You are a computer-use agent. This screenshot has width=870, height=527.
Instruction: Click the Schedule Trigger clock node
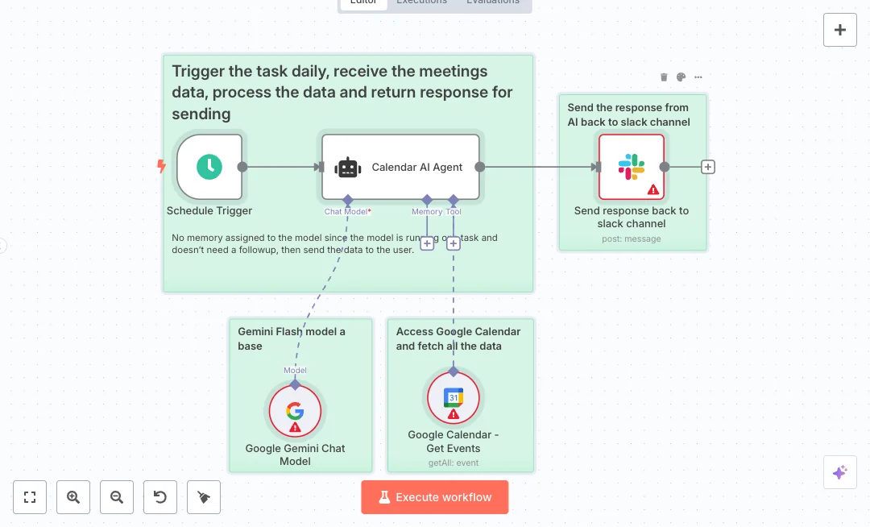coord(209,167)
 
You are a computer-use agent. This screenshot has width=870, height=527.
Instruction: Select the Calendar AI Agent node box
coord(400,167)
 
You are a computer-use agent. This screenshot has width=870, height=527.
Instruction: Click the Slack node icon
coord(632,167)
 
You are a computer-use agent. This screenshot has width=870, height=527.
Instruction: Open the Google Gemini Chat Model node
coord(294,411)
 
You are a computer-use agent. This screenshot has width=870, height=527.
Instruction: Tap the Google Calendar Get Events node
coord(453,398)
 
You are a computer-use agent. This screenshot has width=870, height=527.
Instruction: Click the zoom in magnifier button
coord(73,497)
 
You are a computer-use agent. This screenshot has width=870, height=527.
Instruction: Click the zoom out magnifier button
coord(117,497)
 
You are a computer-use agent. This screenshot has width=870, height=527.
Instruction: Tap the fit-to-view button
coord(30,497)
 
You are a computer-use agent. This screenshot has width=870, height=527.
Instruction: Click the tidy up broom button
coord(204,497)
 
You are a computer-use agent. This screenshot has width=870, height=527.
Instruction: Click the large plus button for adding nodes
coord(840,30)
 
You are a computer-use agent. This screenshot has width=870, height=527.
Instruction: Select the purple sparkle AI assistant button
coord(840,472)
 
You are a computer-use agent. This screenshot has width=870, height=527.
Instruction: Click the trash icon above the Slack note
coord(664,77)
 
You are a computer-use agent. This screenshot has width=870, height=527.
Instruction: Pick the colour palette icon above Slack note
coord(681,77)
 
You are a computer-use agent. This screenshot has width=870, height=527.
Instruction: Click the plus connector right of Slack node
coord(708,167)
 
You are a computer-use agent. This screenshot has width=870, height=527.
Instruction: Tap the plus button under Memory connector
coord(427,243)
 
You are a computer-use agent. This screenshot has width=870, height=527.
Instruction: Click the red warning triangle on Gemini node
coord(295,427)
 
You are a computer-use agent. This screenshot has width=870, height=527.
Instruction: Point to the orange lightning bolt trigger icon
coord(161,167)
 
